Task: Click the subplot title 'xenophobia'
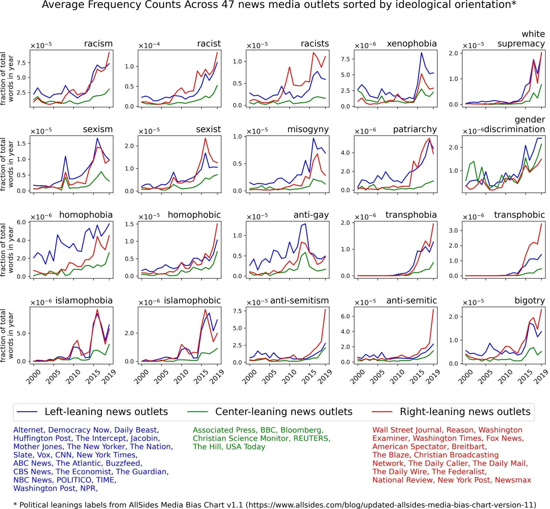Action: tap(412, 44)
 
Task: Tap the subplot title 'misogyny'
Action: tap(308, 129)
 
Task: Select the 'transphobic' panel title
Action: tap(519, 215)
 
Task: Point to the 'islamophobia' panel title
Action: tap(84, 301)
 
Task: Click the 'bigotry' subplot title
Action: tap(529, 301)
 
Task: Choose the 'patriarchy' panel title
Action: tap(415, 129)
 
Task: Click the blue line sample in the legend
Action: tap(27, 412)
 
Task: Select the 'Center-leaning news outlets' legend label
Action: tap(284, 412)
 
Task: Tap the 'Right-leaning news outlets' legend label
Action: tap(465, 412)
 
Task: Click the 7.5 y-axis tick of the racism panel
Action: tap(21, 63)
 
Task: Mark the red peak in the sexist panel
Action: tap(205, 138)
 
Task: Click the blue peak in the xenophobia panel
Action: tap(421, 53)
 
